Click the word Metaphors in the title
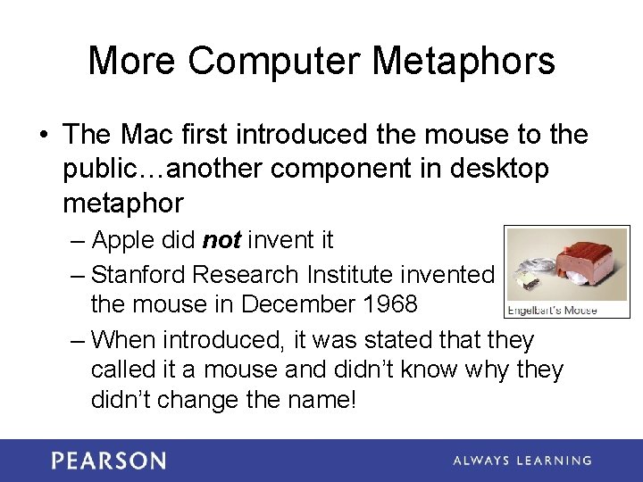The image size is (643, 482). [x=463, y=62]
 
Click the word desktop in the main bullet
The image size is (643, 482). [x=503, y=170]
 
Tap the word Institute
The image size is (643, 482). [x=341, y=274]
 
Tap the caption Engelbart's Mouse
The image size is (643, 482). [x=552, y=311]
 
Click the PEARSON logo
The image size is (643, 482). [x=109, y=461]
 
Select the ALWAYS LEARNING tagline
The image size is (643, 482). [x=522, y=461]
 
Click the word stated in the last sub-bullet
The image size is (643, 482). [x=408, y=340]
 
